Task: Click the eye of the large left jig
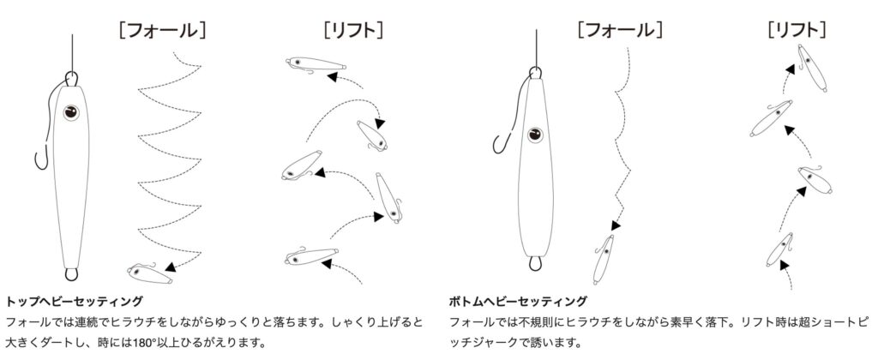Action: tap(71, 112)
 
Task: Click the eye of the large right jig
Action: tap(535, 135)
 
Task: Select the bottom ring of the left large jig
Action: tap(71, 273)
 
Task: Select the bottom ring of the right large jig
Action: tap(535, 263)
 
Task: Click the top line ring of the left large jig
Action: tap(72, 78)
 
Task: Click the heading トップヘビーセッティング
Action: tap(74, 302)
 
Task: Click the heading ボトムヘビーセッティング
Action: tap(518, 302)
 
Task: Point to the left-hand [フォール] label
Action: tap(162, 29)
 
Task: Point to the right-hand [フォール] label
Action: tap(621, 29)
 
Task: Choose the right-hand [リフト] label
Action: tap(797, 29)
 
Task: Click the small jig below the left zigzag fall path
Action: tap(149, 273)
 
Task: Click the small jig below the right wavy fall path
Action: tap(604, 259)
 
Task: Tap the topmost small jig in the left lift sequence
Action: tap(316, 63)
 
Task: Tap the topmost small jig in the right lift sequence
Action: tap(811, 68)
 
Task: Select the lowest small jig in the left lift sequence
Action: tap(311, 256)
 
